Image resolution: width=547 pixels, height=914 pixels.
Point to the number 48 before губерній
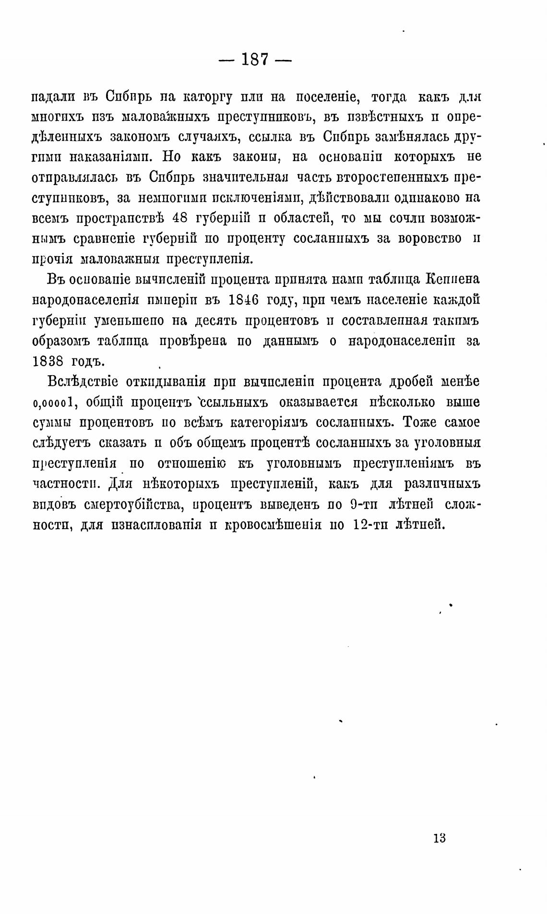tap(179, 217)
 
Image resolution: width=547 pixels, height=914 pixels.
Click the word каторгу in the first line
tap(208, 97)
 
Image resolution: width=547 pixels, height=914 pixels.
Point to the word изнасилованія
tap(155, 525)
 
